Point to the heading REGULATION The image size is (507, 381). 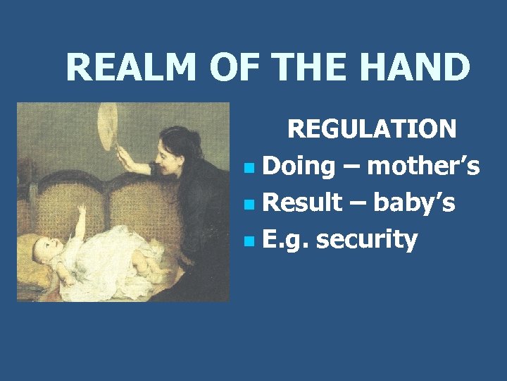click(372, 129)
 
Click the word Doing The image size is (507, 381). click(299, 167)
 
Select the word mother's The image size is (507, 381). click(423, 167)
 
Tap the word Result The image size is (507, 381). click(305, 203)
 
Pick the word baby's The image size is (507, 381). click(414, 203)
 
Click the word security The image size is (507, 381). click(367, 240)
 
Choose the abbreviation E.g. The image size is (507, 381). click(285, 240)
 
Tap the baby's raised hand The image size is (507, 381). click(82, 209)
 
